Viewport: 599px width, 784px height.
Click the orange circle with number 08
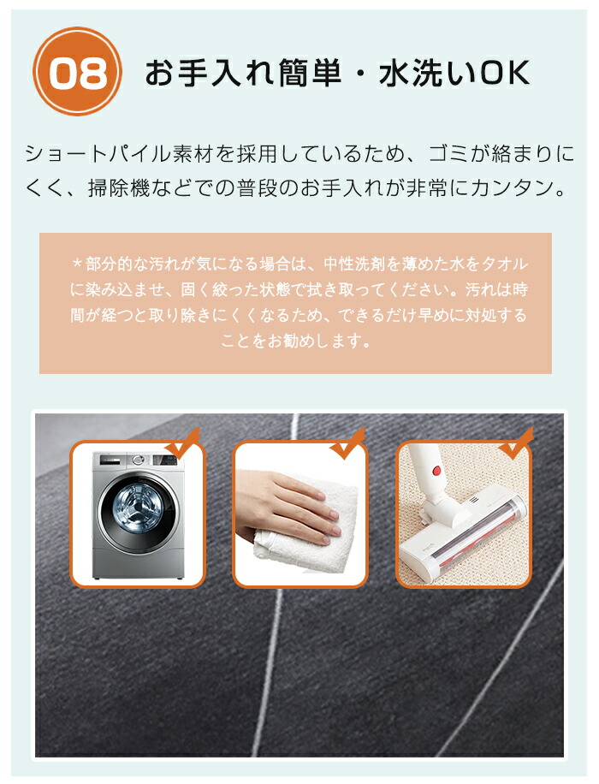tap(78, 72)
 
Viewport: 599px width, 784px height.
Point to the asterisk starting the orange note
tap(77, 264)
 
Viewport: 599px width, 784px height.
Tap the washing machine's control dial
tap(139, 460)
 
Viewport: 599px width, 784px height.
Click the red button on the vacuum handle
tap(436, 470)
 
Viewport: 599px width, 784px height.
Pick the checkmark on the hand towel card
tap(347, 443)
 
